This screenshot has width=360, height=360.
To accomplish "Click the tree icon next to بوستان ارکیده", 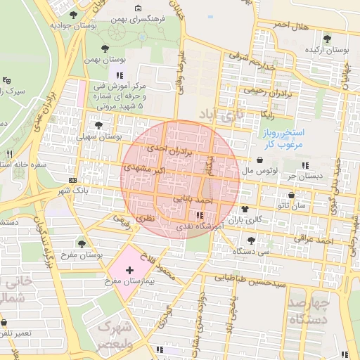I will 327,38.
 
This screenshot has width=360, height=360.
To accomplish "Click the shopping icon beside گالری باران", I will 245,209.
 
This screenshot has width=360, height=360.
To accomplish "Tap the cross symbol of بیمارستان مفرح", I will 129,270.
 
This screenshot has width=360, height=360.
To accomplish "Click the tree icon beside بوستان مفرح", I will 82,243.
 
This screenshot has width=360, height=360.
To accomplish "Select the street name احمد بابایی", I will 192,200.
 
